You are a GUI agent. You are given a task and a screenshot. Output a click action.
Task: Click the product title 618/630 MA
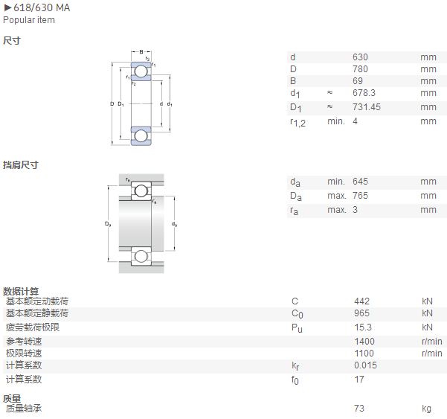pos(42,7)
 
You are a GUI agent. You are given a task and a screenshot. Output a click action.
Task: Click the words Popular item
pos(29,20)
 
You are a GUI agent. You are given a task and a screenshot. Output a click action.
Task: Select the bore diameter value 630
pos(360,57)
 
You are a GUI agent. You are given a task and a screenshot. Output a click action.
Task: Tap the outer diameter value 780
pos(360,69)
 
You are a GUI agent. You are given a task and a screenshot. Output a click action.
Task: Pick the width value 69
pos(358,81)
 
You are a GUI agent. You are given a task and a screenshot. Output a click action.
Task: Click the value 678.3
pos(364,93)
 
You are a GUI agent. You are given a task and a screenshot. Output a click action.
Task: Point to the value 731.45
pos(367,107)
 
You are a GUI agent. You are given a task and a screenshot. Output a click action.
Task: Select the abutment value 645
pos(360,182)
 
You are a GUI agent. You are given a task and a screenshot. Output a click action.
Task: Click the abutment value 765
pos(360,196)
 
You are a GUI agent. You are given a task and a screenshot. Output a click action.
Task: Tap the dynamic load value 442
pos(361,301)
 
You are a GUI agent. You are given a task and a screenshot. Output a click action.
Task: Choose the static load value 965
pos(361,313)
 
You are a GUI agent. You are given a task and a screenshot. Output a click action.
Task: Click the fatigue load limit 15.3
pos(363,327)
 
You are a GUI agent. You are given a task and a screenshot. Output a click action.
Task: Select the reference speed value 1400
pos(364,342)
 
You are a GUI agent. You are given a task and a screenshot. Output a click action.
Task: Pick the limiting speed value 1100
pos(364,354)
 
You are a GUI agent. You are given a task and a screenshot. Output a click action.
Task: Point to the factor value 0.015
pos(365,365)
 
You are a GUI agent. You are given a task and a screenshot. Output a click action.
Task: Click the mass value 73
pos(359,409)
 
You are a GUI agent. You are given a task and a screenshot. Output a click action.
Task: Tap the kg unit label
pos(426,409)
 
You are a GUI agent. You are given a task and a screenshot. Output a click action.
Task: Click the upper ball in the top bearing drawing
pos(141,71)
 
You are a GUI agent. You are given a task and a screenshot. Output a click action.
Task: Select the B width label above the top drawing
pos(141,52)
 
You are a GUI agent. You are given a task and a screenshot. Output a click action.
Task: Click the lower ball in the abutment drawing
pos(141,256)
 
